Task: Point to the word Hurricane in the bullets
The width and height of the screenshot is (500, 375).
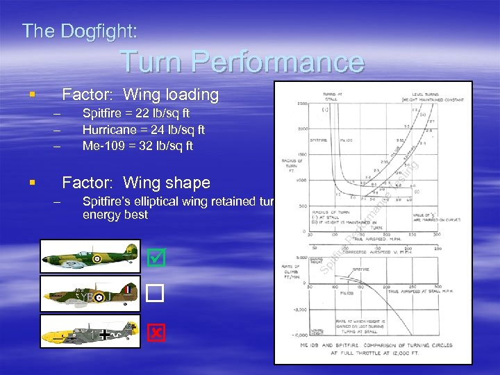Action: (110, 130)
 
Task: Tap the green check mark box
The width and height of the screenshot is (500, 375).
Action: (156, 258)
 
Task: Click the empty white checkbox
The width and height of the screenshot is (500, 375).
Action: (156, 295)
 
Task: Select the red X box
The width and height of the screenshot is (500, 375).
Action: (156, 333)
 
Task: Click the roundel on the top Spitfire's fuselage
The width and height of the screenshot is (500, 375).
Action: (97, 258)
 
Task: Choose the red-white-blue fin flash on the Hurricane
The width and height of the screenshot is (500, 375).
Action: (128, 289)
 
